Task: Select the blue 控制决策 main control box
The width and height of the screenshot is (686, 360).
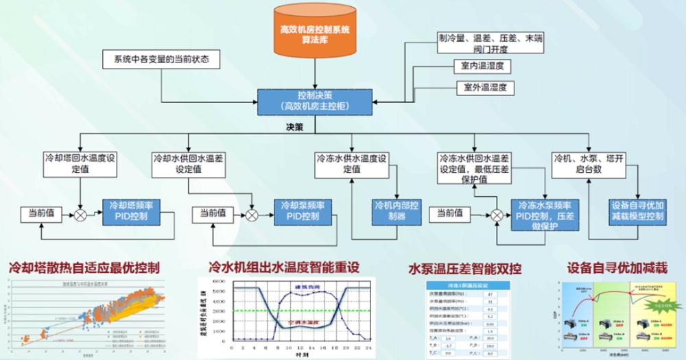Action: pyautogui.click(x=315, y=101)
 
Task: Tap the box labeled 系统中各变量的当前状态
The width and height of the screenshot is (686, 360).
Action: pyautogui.click(x=162, y=60)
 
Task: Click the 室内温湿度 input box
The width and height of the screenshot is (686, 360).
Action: pyautogui.click(x=478, y=67)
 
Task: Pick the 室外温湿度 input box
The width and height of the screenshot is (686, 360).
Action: pyautogui.click(x=484, y=88)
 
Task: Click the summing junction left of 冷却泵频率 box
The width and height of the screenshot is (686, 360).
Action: pyautogui.click(x=252, y=215)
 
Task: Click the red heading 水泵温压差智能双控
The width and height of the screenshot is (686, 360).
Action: pyautogui.click(x=464, y=267)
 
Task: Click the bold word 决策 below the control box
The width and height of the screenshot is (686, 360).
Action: pyautogui.click(x=298, y=126)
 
